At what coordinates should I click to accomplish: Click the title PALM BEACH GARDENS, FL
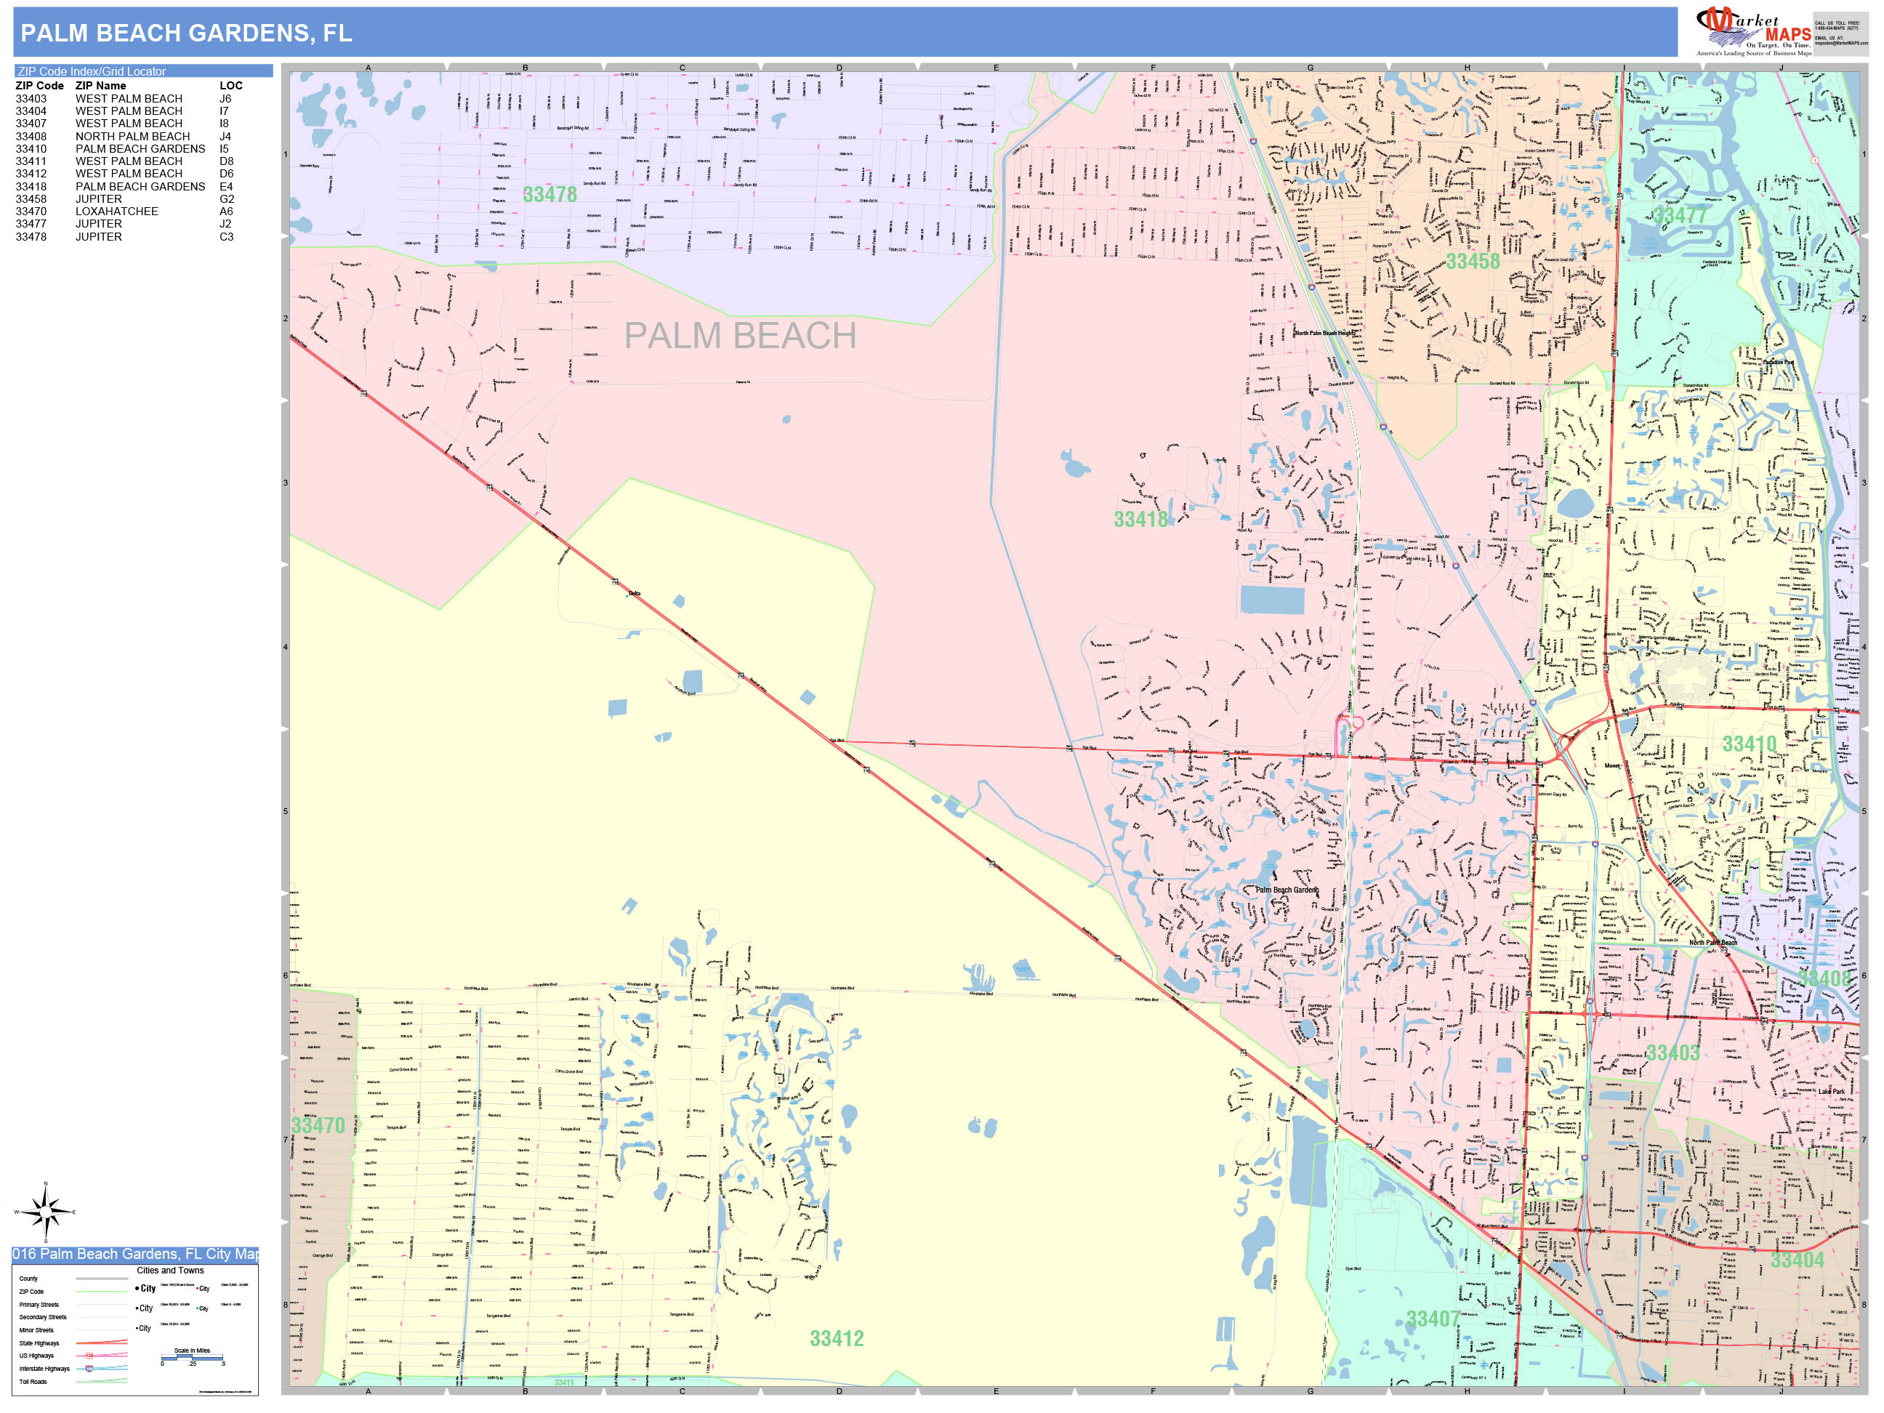click(x=185, y=33)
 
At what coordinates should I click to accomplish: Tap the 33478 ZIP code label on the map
click(x=549, y=195)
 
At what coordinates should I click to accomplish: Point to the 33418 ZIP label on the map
click(x=1140, y=519)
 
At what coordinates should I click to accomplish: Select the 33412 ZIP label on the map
click(x=837, y=1338)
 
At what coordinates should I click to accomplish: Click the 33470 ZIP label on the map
click(x=318, y=1125)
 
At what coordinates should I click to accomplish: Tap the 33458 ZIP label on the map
click(x=1473, y=262)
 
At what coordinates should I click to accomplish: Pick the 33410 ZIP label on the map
click(x=1750, y=744)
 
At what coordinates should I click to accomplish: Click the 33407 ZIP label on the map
click(x=1433, y=1319)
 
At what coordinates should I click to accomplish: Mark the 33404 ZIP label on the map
click(x=1797, y=1260)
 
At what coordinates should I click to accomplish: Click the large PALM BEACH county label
click(x=740, y=336)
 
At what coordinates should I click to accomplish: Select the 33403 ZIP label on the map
click(x=1672, y=1052)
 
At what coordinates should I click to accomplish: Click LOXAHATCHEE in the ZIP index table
click(x=117, y=212)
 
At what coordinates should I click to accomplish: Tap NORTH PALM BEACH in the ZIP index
click(x=132, y=136)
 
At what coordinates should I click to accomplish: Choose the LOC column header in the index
click(x=231, y=86)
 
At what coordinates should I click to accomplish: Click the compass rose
click(x=46, y=1210)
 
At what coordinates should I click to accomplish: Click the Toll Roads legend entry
click(x=33, y=1382)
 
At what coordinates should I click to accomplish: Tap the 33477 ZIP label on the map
click(x=1680, y=214)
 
